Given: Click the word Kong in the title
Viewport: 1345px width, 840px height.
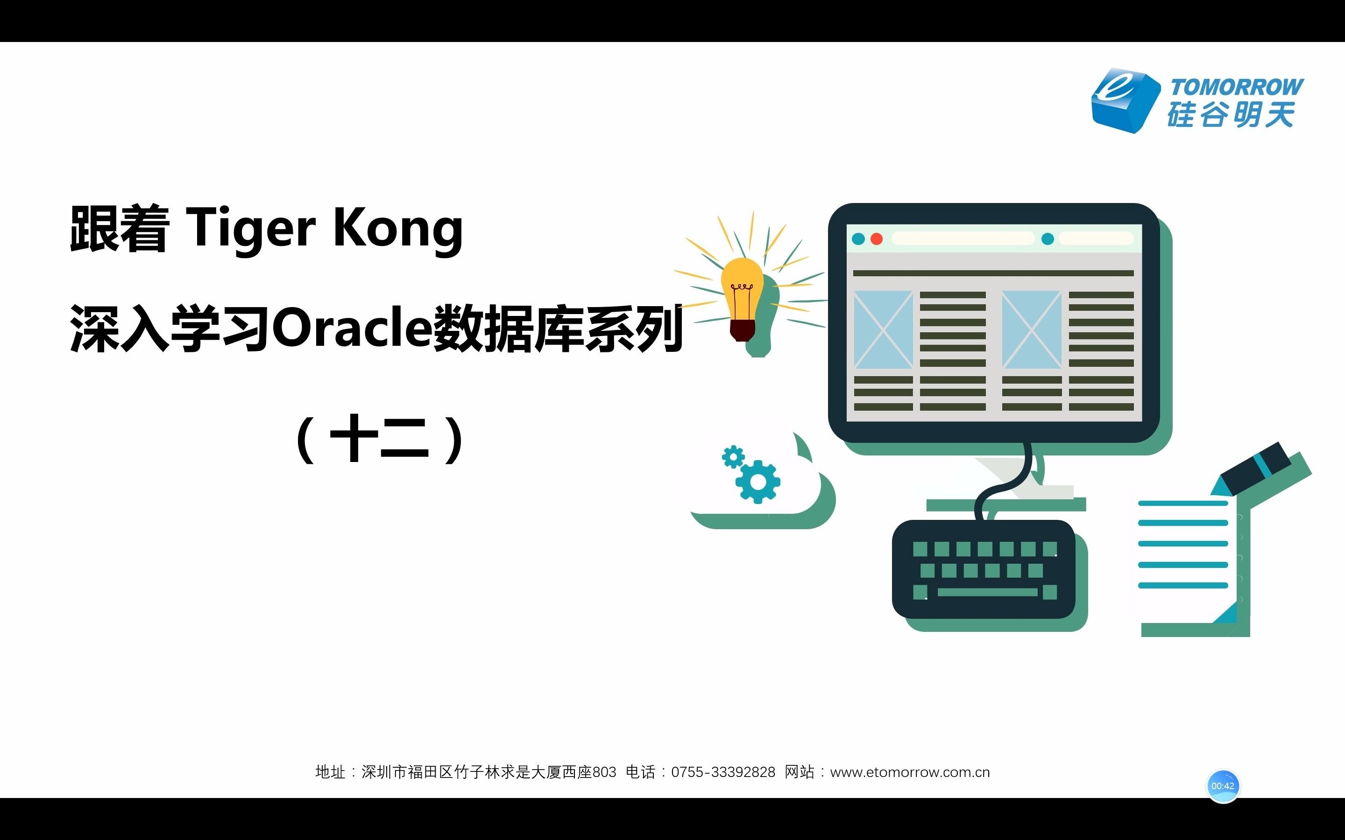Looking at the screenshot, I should (397, 228).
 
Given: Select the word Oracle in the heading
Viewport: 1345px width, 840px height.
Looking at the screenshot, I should (352, 328).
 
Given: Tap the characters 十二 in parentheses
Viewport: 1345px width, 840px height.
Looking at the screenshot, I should (380, 439).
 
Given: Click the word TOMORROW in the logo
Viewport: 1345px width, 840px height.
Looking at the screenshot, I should (1236, 87).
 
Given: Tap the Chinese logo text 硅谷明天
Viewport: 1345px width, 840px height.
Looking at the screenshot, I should (1231, 115).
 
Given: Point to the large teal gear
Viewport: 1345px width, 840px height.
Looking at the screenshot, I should (757, 482).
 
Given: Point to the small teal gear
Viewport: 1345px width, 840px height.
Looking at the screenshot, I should (733, 457).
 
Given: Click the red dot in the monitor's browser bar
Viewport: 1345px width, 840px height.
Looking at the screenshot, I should (877, 239).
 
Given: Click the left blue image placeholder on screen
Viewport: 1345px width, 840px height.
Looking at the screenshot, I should (883, 329).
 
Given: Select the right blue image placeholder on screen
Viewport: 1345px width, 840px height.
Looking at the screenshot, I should (1032, 329).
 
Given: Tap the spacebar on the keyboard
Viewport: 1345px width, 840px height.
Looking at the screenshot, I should (987, 592).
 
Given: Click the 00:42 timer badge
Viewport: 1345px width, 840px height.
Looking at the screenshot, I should (1223, 785).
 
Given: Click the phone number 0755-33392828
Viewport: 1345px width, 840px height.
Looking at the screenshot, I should (722, 772).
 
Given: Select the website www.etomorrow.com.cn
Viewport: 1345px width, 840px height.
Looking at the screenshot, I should (910, 772).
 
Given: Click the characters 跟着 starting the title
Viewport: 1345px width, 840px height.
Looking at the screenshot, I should (120, 229).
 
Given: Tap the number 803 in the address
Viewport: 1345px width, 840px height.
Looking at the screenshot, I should (605, 772).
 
